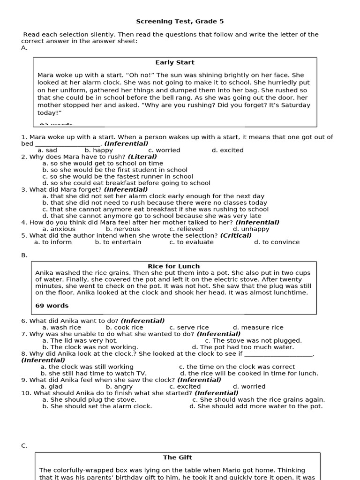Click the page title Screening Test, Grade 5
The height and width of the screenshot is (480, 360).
176,22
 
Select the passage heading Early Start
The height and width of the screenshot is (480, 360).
175,62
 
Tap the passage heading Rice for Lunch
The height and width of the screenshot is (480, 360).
174,266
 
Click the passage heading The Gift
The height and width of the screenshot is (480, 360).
177,457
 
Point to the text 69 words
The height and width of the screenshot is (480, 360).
52,306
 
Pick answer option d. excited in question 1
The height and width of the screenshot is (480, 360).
227,150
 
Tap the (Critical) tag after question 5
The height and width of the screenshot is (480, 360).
236,236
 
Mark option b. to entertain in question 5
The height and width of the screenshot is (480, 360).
118,242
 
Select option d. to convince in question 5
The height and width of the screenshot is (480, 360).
277,242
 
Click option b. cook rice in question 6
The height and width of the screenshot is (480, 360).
124,328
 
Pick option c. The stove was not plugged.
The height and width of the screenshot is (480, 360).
254,341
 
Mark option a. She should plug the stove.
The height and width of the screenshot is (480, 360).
89,400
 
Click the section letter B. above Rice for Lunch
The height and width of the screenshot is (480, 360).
24,255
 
